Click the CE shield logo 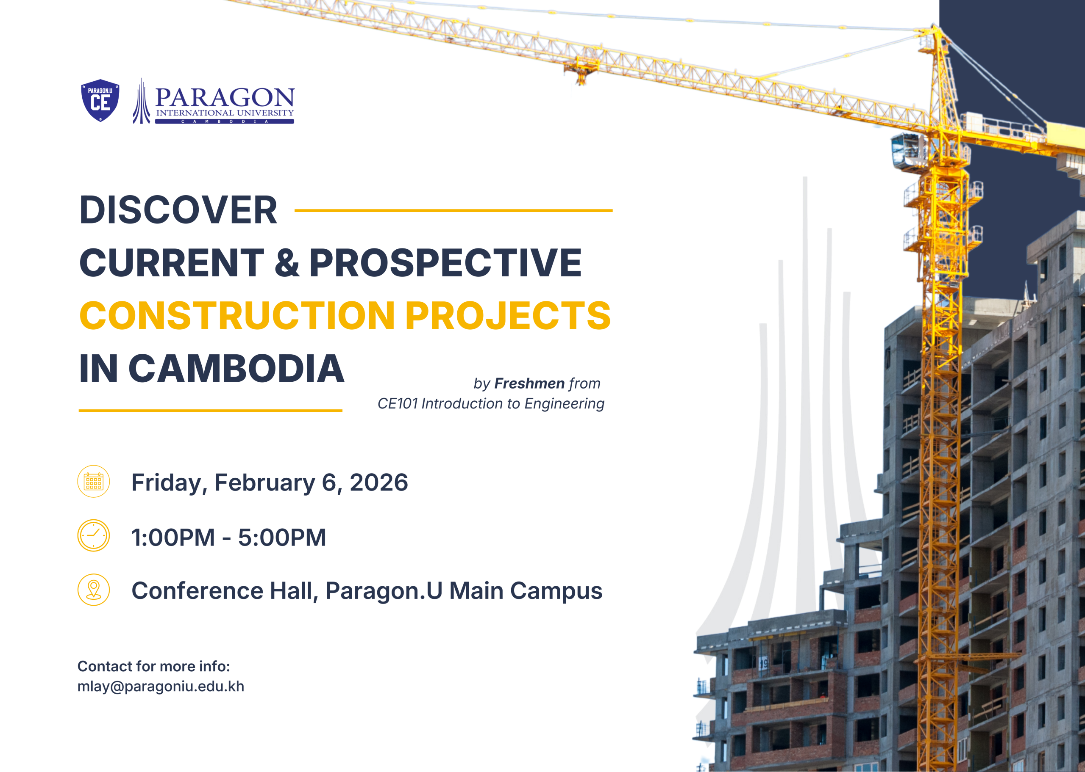[100, 100]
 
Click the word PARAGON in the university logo [225, 97]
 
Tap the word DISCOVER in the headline [178, 210]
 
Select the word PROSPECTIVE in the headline [445, 262]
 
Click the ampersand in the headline [287, 262]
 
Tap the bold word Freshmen [529, 383]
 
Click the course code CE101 [398, 404]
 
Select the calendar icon [94, 481]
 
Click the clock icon [94, 535]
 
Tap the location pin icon [94, 590]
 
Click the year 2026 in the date [379, 482]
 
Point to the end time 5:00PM [282, 538]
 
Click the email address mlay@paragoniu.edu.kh [161, 687]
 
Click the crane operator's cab [906, 150]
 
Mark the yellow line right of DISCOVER [453, 210]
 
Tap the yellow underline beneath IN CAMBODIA [210, 410]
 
